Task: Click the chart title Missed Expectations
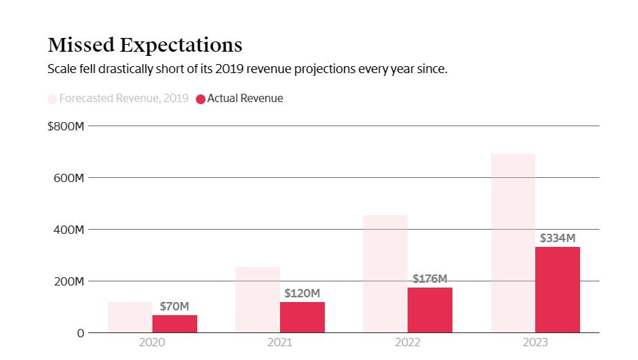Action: [145, 45]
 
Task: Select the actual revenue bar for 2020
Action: [175, 324]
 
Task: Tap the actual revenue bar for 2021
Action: [302, 317]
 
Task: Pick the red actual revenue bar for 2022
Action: [430, 310]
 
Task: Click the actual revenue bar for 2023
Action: [557, 290]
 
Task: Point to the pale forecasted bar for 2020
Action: [130, 317]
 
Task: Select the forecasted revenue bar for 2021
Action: [257, 300]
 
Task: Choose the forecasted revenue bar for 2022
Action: [385, 274]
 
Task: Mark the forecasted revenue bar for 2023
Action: [512, 243]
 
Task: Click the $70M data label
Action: [175, 306]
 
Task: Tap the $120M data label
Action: [302, 293]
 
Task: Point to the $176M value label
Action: [430, 279]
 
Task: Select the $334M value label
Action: [557, 238]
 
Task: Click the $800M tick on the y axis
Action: [66, 126]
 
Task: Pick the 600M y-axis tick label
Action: [69, 178]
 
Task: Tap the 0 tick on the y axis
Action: [81, 333]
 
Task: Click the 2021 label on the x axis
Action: [279, 342]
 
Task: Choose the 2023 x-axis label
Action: [535, 342]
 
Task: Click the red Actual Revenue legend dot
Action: [201, 99]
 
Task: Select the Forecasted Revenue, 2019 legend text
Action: [123, 98]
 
